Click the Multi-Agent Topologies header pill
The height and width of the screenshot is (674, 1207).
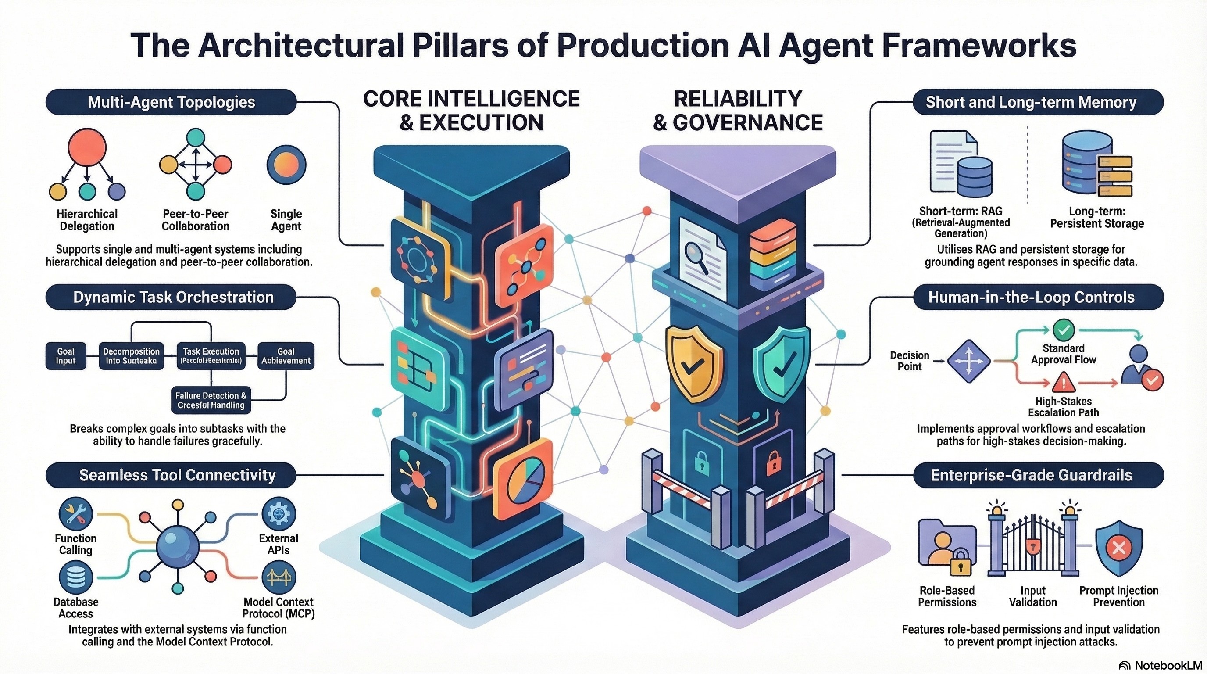(171, 102)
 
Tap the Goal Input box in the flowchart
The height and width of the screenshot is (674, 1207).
(66, 356)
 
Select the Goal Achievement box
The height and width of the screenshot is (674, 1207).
(286, 356)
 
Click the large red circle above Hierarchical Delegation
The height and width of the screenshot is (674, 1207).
(87, 147)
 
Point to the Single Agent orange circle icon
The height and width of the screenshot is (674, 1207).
(286, 165)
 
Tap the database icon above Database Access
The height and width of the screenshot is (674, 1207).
(75, 578)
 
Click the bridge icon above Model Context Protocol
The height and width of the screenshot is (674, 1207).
(279, 578)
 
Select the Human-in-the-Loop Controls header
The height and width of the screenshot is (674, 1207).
(1031, 297)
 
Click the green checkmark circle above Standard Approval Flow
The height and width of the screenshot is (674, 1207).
(1064, 330)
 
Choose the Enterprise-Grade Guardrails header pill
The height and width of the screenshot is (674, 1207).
(1031, 475)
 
